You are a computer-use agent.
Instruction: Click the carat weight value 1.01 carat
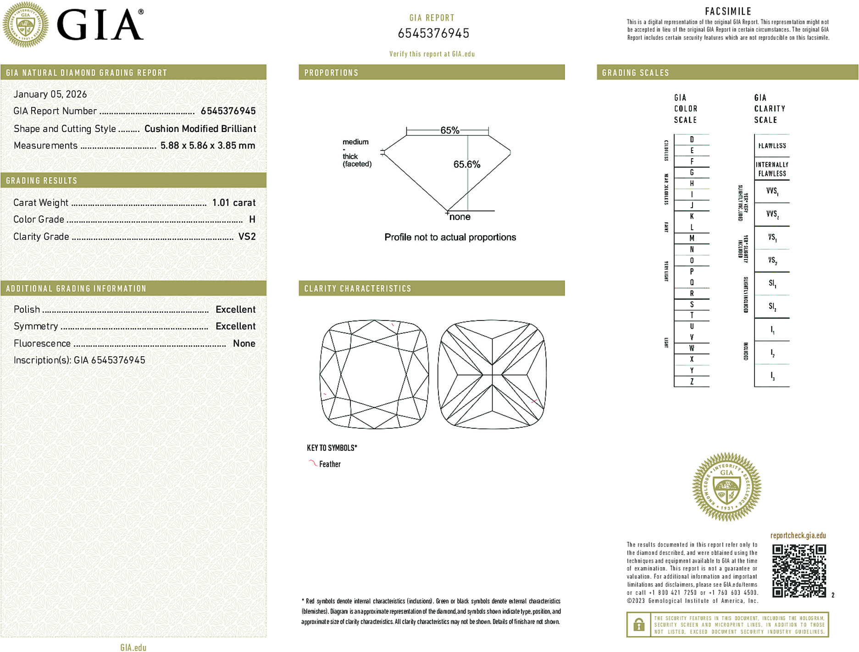click(233, 203)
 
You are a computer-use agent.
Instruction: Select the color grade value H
click(252, 220)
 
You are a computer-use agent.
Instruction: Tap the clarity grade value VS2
click(247, 237)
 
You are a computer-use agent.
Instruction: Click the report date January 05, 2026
click(50, 94)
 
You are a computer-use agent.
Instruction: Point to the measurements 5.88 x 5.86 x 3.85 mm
click(207, 146)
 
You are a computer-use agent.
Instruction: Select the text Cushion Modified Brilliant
click(200, 129)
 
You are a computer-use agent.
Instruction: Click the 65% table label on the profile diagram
click(449, 130)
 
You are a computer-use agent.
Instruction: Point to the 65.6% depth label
click(466, 164)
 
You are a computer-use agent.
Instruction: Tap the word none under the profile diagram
click(460, 217)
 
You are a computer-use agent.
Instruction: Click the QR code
click(798, 571)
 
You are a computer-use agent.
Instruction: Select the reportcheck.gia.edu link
click(798, 536)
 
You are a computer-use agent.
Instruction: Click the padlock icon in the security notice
click(638, 624)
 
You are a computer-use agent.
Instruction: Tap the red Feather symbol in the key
click(313, 463)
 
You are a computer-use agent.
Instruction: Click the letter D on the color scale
click(692, 139)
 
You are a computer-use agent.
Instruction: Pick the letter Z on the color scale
click(692, 381)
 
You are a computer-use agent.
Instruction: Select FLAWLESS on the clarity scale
click(772, 146)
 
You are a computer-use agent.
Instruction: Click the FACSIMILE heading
click(728, 11)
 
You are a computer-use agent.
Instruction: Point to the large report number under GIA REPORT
click(433, 33)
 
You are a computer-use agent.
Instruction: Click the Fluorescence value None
click(244, 343)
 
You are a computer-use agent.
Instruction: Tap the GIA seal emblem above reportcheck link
click(726, 487)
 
